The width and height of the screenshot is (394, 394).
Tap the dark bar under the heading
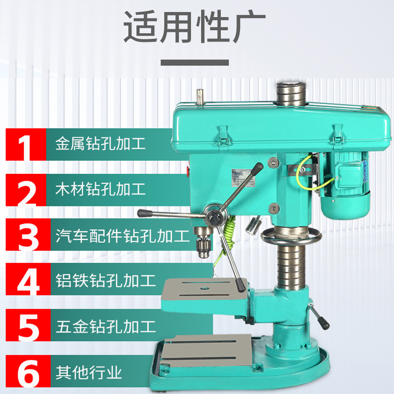click(195, 63)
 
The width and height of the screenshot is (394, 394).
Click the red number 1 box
click(26, 144)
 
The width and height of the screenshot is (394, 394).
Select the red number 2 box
click(26, 190)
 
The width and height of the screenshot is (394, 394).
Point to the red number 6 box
click(26, 371)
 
